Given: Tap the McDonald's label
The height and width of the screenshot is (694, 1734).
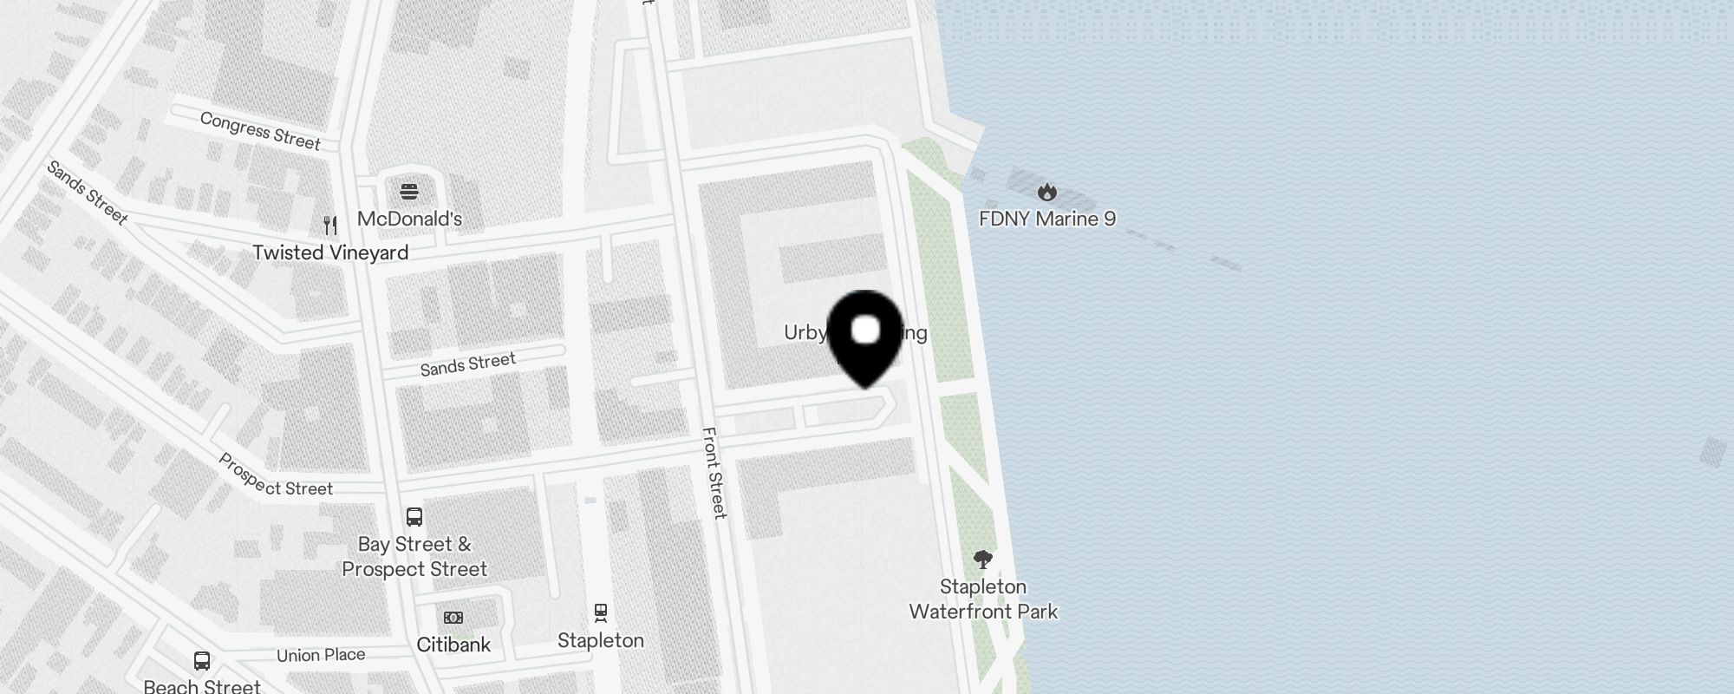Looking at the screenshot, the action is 409,219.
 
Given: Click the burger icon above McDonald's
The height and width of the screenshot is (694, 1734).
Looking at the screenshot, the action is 409,191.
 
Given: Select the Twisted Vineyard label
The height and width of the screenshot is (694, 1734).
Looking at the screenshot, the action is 330,252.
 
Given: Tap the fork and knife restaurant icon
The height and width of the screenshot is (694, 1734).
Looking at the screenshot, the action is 330,226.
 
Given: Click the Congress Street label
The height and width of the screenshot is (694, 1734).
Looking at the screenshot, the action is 260,130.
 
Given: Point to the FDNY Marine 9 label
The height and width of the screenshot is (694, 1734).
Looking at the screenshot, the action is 1047,219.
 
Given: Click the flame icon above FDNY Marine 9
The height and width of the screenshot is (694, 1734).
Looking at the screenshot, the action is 1047,192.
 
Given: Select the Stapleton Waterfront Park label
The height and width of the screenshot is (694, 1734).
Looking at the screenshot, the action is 983,599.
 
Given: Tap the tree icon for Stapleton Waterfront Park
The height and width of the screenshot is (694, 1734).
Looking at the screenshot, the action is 982,560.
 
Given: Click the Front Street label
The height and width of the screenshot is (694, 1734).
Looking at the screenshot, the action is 714,473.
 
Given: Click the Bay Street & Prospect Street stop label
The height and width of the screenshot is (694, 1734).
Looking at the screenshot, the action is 414,557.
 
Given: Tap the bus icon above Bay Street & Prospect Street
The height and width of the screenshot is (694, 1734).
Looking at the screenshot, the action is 414,517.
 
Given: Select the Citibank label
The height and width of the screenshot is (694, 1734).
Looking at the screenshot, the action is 453,645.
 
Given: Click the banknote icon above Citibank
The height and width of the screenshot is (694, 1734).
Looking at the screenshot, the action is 453,618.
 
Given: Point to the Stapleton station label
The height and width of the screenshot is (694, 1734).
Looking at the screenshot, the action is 601,640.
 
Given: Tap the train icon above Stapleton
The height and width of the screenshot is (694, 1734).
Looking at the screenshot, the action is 601,613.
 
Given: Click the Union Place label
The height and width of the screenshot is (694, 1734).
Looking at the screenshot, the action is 321,655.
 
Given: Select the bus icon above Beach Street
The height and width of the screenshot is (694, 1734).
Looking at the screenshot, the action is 202,661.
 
